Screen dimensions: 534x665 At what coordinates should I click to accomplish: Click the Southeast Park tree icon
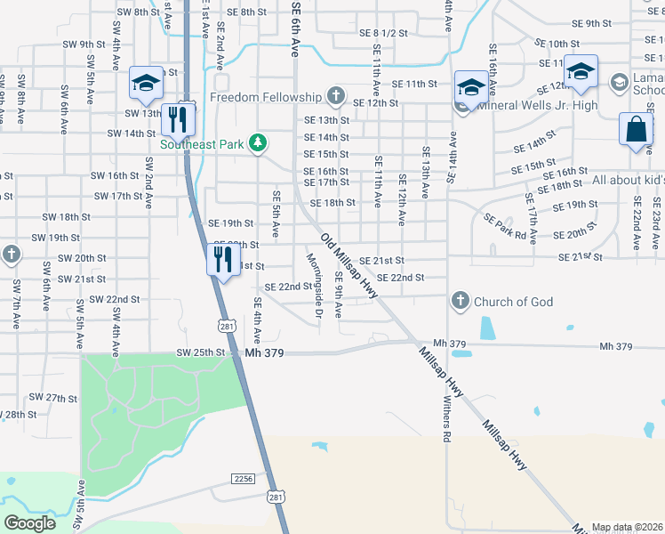click(258, 143)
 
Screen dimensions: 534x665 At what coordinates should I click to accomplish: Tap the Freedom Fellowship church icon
click(335, 95)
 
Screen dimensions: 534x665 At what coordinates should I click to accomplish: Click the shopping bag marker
click(637, 129)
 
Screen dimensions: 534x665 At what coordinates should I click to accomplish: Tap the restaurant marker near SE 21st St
click(221, 259)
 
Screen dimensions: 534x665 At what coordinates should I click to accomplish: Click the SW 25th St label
click(201, 352)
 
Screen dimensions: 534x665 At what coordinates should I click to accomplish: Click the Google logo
click(30, 522)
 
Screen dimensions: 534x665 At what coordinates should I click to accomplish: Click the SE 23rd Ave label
click(656, 229)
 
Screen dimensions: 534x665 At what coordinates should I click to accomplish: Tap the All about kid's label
click(628, 180)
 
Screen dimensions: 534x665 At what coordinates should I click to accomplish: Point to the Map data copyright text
click(626, 527)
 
